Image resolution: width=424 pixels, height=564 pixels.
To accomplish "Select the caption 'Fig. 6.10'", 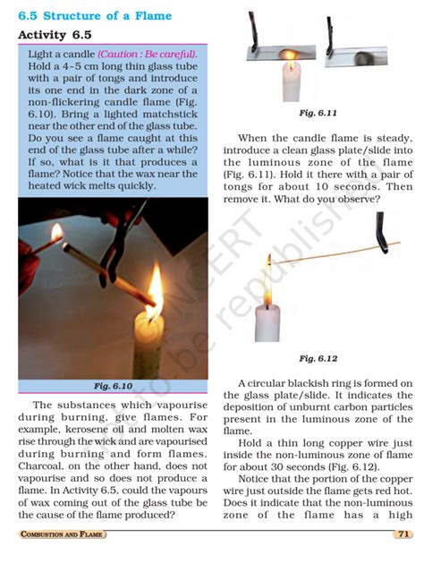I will click(x=113, y=386).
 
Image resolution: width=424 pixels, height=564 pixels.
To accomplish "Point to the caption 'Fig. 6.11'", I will click(x=318, y=115).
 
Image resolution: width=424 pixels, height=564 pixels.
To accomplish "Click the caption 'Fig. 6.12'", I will click(x=318, y=358).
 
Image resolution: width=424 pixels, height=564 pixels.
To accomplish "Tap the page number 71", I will click(x=402, y=534).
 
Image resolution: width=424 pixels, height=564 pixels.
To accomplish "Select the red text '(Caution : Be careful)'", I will click(x=147, y=55).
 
